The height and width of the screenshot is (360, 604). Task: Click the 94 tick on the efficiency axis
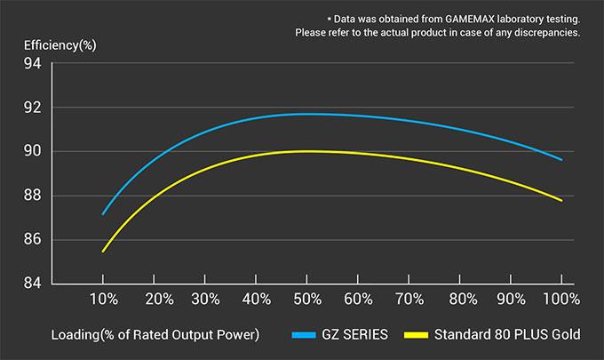(x=33, y=64)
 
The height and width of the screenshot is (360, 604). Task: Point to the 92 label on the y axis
(x=33, y=108)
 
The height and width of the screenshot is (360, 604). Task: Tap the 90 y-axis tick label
(x=33, y=152)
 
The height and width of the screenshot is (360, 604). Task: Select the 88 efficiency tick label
(x=33, y=196)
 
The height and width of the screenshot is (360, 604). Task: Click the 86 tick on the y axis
(x=33, y=240)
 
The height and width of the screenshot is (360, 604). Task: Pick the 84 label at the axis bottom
(x=33, y=284)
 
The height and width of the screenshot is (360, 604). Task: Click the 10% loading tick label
(x=103, y=300)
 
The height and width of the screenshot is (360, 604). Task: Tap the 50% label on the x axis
(x=307, y=300)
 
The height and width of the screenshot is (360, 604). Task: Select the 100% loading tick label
(x=561, y=300)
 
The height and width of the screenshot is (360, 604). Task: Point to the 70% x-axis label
(x=409, y=300)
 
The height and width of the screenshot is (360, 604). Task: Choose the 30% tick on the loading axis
(x=205, y=300)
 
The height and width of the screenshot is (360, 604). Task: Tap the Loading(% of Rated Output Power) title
(x=155, y=335)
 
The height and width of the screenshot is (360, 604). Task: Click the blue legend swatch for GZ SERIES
(x=304, y=335)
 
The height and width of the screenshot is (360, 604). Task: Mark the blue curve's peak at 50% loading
(x=307, y=114)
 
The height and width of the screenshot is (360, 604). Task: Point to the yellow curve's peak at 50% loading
(x=307, y=151)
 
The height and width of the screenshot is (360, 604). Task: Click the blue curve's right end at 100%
(x=561, y=159)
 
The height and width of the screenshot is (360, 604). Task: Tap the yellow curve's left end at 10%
(x=103, y=252)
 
